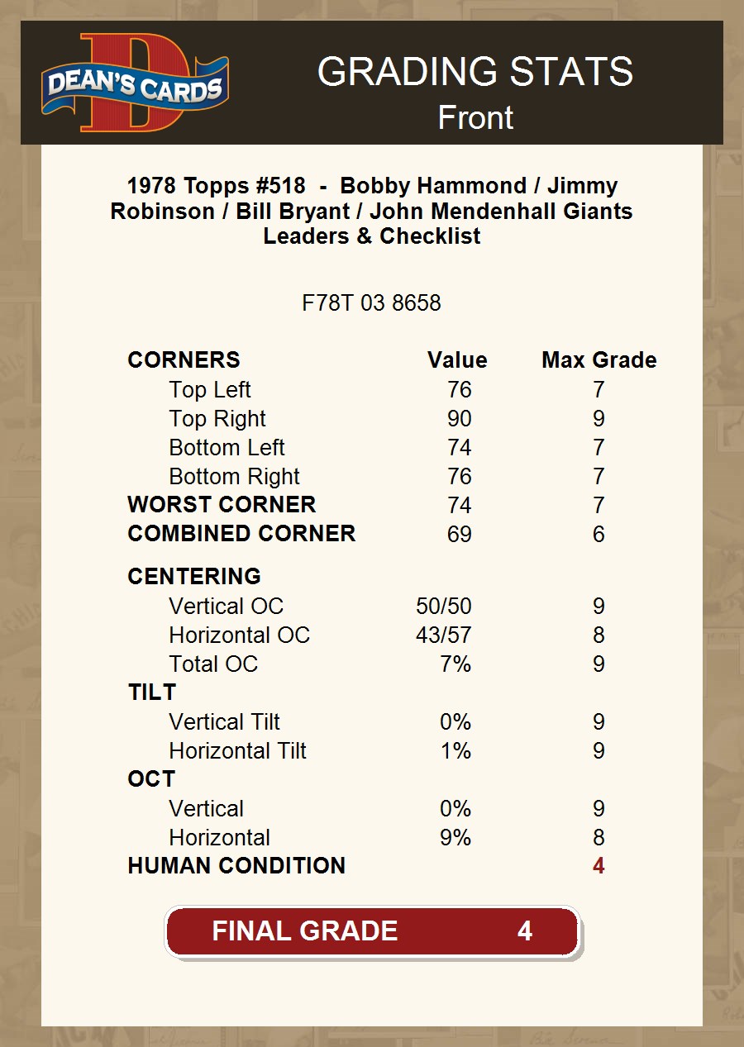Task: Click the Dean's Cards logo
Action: [136, 83]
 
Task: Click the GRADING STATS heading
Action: [475, 72]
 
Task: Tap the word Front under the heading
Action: [475, 118]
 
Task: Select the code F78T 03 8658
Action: [371, 303]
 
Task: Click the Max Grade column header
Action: [599, 360]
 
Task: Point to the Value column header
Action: [457, 360]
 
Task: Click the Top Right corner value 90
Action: [459, 419]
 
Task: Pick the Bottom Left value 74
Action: [459, 448]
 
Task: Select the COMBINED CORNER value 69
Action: [459, 535]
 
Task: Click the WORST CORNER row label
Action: [222, 505]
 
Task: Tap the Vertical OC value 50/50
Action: [444, 607]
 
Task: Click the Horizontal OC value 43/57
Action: [444, 635]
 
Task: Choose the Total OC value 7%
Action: [455, 664]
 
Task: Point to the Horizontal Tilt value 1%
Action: [455, 751]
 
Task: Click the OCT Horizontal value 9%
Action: [455, 838]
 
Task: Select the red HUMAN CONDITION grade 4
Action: [599, 867]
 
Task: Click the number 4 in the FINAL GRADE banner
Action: [524, 932]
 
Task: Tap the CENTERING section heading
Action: [194, 577]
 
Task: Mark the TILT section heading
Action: [152, 692]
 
